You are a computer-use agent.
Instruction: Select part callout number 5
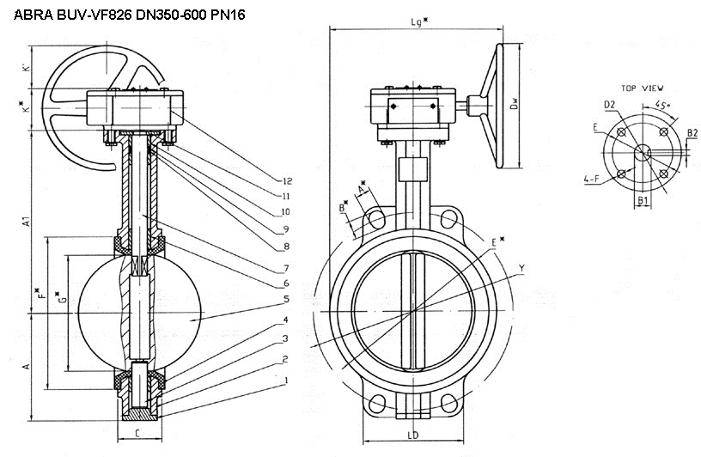click(286, 299)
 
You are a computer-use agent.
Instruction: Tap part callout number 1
click(286, 379)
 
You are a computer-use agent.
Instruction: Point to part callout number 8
click(286, 247)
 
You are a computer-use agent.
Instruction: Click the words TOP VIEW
click(642, 88)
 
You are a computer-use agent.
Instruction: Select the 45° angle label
click(662, 105)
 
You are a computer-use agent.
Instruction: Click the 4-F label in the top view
click(591, 180)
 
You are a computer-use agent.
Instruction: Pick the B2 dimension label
click(692, 132)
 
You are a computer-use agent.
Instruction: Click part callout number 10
click(287, 212)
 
